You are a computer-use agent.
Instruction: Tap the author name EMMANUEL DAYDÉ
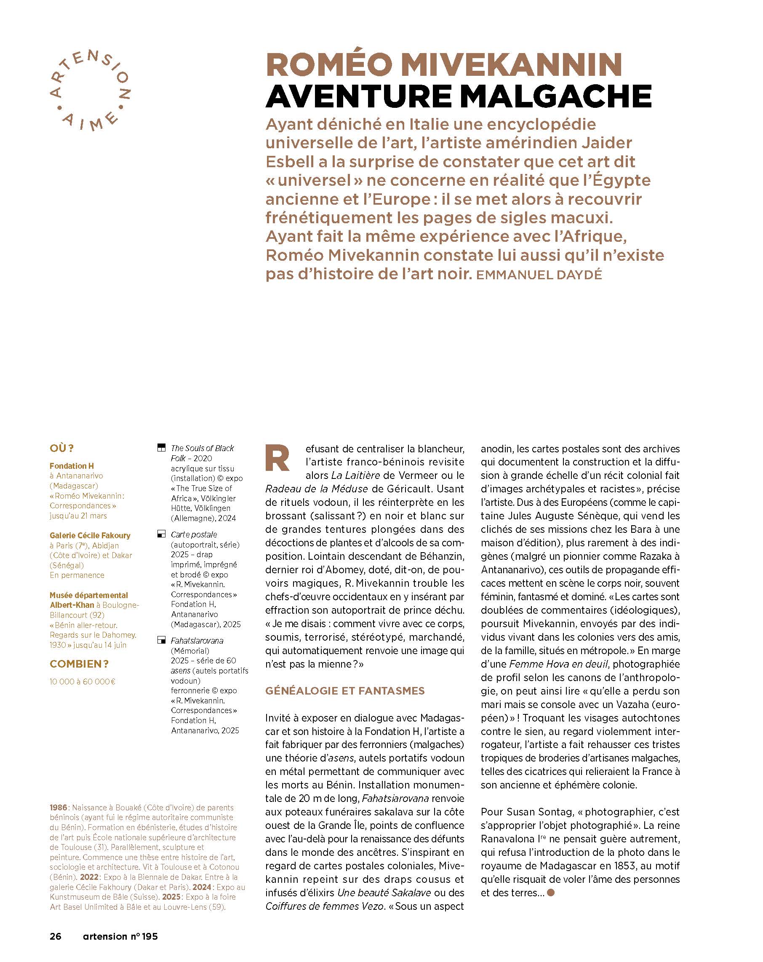pos(539,275)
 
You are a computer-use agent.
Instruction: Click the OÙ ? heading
pos(61,448)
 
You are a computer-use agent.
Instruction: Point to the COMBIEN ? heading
pos(79,664)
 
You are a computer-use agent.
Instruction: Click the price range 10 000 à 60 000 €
pos(83,681)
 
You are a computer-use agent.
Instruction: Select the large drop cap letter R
pos(277,458)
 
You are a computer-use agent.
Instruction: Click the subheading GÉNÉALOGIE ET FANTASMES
pos(345,691)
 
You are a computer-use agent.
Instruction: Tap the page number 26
pos(55,935)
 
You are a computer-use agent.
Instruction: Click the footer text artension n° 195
pos(120,935)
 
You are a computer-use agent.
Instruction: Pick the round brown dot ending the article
pos(551,893)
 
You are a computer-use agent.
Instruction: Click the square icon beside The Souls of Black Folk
pos(161,448)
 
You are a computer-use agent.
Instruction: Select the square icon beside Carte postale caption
pos(161,534)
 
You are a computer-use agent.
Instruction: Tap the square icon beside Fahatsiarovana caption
pos(161,640)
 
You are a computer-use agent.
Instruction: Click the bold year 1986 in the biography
pos(59,807)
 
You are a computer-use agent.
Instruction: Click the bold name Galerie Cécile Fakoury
pos(90,535)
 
